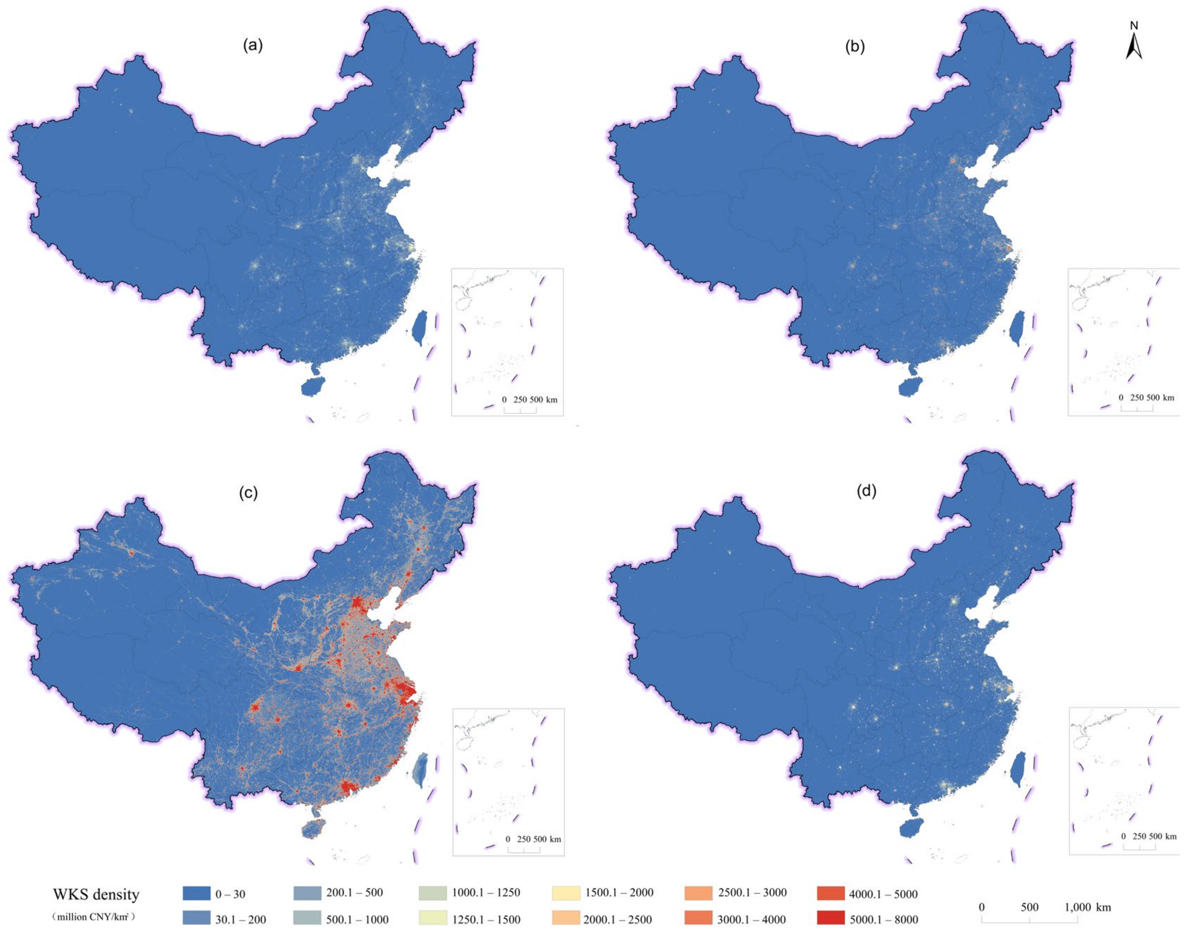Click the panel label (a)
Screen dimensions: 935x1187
[x=253, y=46]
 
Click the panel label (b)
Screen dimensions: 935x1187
[x=855, y=47]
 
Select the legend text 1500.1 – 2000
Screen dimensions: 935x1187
[x=619, y=893]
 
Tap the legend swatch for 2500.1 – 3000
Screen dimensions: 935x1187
[x=698, y=893]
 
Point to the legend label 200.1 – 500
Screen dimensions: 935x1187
[x=354, y=893]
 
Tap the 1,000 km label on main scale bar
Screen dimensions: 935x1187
[x=1087, y=907]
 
